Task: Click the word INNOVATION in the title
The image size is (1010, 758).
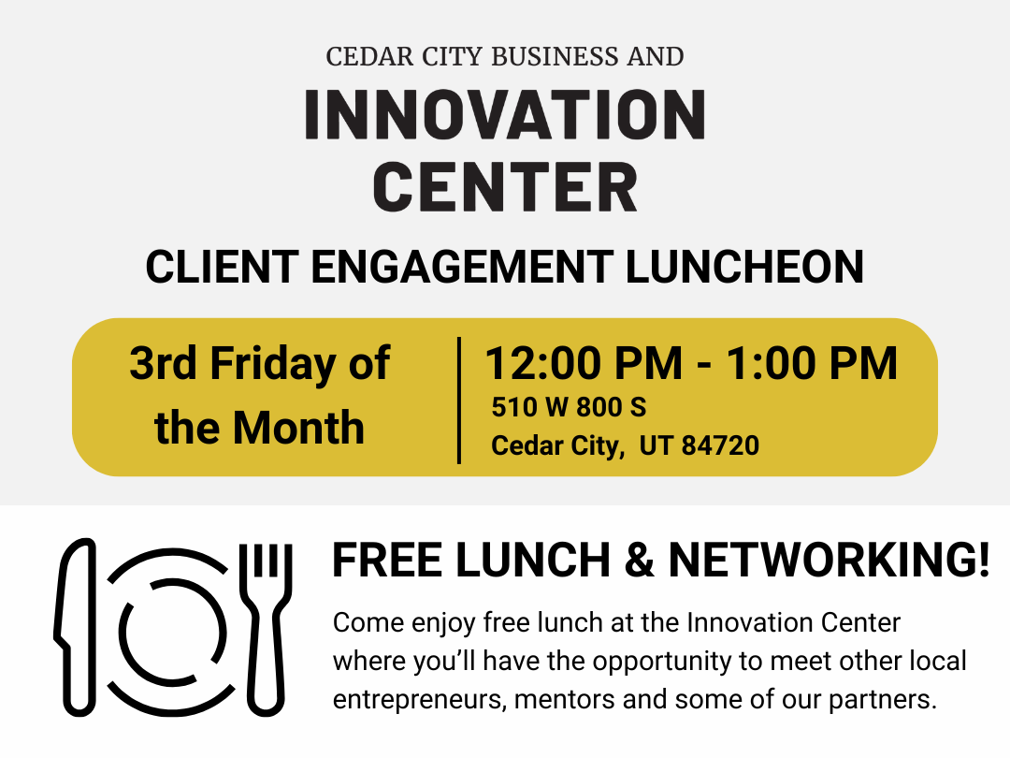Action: tap(505, 115)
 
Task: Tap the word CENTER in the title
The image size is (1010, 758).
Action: tap(505, 187)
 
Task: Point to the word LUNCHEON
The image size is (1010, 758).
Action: tap(744, 266)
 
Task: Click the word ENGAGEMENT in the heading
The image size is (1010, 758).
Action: tap(462, 266)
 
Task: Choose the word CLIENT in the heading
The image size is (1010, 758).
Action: tap(223, 266)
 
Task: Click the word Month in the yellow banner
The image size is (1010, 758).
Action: tap(298, 428)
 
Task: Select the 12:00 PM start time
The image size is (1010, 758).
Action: tap(584, 363)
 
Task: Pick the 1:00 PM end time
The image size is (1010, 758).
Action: tap(812, 363)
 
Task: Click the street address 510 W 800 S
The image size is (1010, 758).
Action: tap(569, 407)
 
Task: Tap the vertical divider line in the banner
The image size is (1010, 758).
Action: tap(458, 401)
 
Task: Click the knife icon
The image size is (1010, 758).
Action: tap(75, 627)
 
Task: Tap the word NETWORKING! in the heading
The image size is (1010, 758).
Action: tap(829, 560)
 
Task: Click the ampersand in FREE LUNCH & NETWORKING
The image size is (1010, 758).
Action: tap(639, 560)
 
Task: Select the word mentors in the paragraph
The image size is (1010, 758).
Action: tap(563, 699)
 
